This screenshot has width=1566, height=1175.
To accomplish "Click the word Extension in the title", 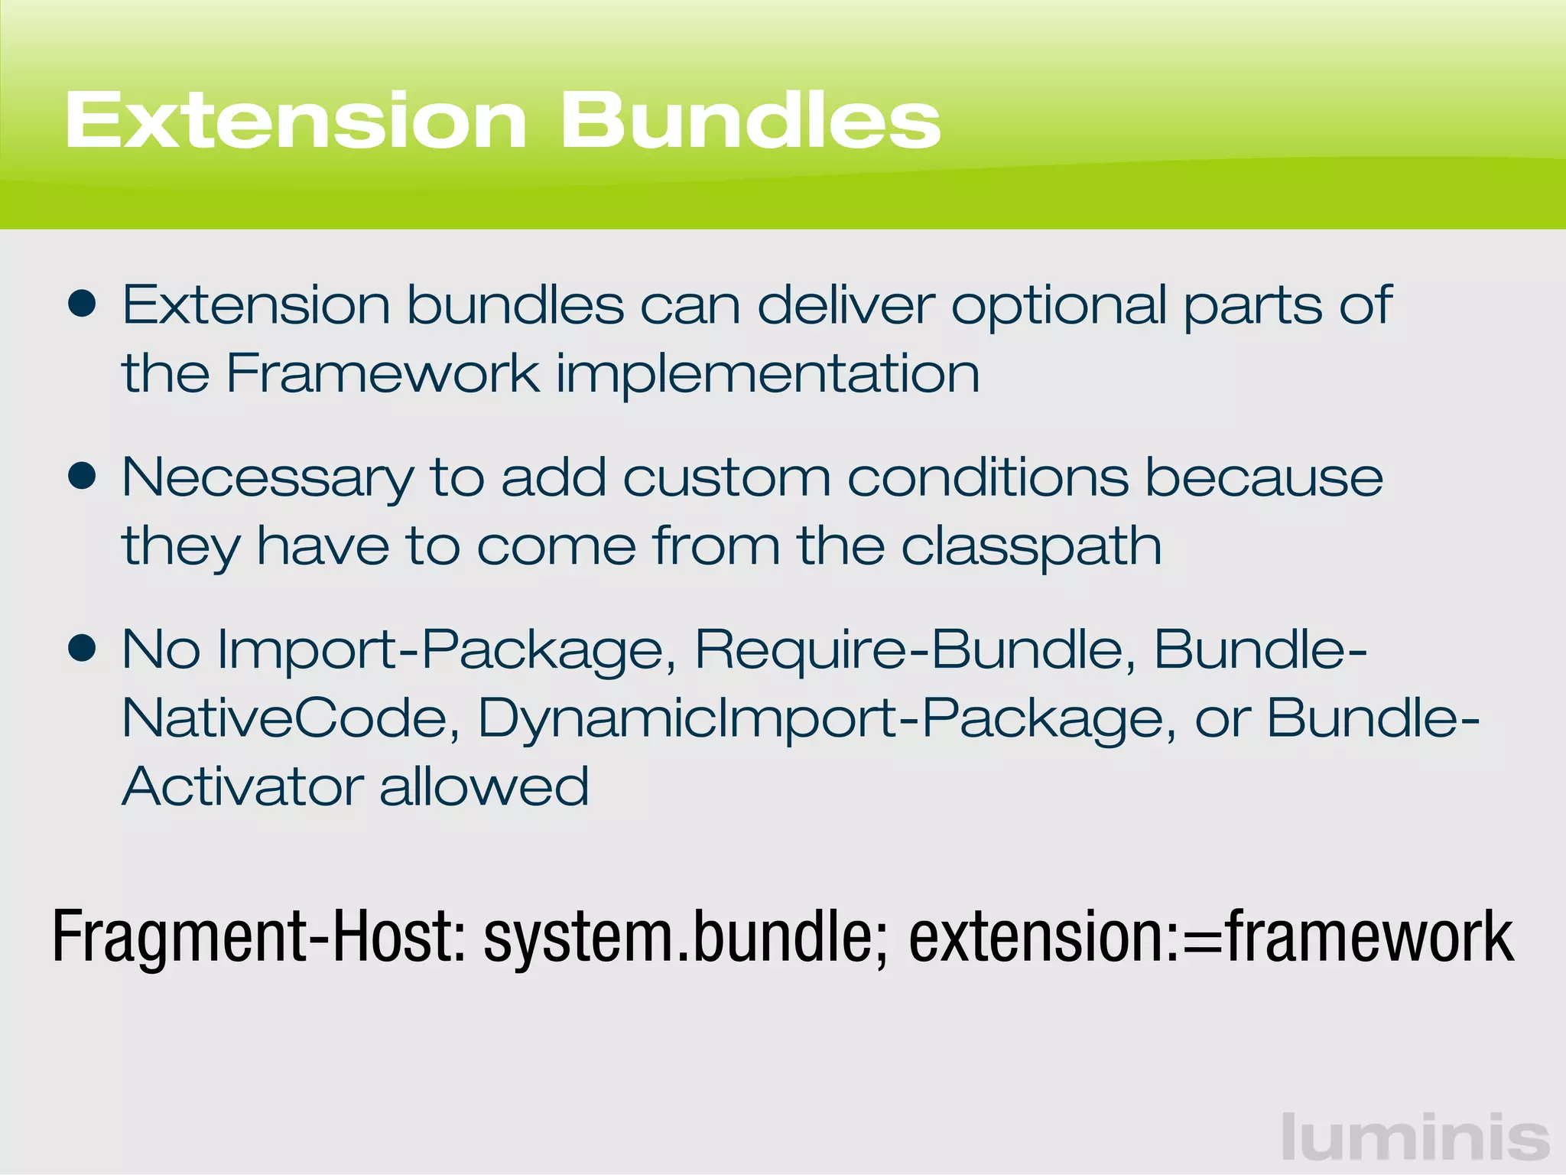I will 295,121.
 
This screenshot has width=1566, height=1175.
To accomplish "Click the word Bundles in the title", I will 750,121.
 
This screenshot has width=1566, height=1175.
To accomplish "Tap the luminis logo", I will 1415,1138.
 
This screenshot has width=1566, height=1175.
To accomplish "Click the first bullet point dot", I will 82,304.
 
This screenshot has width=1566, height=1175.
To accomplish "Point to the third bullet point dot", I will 82,649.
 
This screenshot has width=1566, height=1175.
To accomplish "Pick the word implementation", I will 767,375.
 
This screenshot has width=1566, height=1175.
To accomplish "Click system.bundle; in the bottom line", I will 684,937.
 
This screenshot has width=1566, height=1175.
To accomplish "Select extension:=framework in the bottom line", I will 1210,937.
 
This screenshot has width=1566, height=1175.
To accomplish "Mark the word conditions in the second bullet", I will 987,477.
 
